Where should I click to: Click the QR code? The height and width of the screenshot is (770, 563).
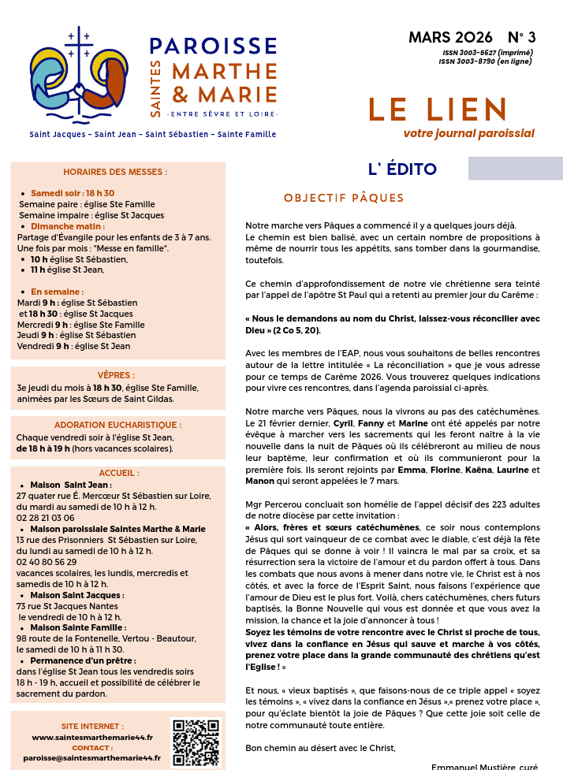(195, 742)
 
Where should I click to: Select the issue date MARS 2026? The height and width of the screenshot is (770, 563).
(450, 38)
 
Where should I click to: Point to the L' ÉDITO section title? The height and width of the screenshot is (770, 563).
(402, 169)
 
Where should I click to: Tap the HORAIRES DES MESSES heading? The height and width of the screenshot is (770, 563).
(115, 172)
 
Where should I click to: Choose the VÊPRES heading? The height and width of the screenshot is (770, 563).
(116, 375)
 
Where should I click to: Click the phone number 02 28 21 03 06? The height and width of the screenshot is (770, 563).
(46, 518)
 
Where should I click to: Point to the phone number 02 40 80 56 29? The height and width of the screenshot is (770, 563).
(47, 562)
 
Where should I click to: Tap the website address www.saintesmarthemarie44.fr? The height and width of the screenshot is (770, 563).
(92, 737)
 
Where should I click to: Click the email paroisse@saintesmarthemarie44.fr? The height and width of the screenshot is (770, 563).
(91, 758)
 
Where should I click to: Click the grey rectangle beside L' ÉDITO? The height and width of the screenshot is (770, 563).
(515, 168)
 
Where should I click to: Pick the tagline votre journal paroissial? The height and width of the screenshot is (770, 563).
(468, 133)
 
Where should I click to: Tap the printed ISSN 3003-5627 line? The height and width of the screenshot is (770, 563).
(487, 53)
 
